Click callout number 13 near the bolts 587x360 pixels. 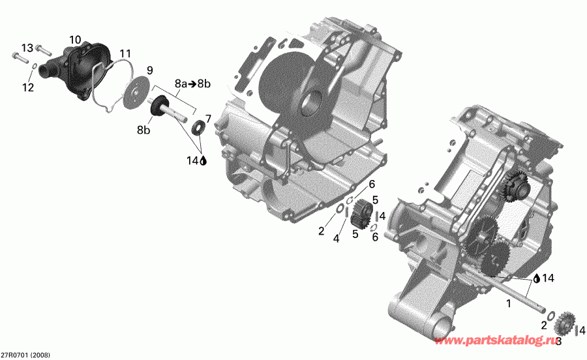27,48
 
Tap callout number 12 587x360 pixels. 27,87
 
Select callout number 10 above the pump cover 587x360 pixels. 76,40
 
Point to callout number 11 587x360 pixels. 125,53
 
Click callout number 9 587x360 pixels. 149,70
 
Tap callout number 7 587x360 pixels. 208,118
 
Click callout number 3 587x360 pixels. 558,340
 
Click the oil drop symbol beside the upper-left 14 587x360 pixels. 203,160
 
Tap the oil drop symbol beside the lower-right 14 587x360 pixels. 536,278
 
